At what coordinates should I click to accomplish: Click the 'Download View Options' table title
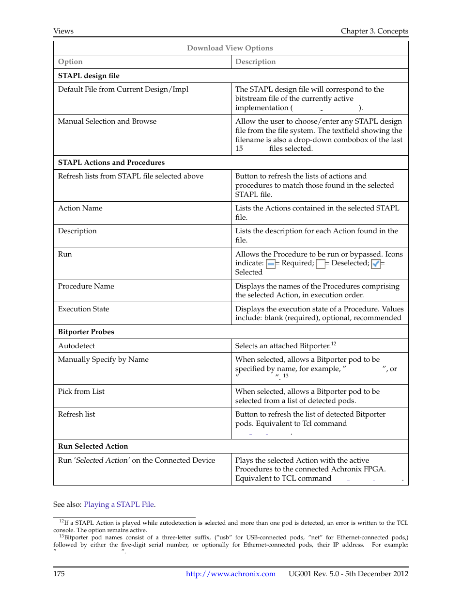pos(230,48)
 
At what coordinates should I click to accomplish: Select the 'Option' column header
pos(70,62)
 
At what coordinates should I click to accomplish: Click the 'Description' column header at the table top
pos(255,62)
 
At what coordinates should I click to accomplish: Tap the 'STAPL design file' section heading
pos(89,76)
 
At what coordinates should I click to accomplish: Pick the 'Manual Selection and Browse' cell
pos(107,121)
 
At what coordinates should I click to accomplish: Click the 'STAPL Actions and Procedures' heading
pos(111,162)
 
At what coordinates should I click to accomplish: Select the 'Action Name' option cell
pos(80,208)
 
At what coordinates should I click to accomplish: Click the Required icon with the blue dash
pos(271,264)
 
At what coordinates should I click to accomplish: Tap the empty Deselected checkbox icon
pos(320,264)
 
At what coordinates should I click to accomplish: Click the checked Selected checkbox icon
pos(375,264)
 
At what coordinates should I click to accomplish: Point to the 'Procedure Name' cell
pos(86,286)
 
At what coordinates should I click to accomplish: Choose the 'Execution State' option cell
pos(83,309)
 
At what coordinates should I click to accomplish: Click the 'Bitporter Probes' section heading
pos(86,332)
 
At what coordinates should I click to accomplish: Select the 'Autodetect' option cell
pos(77,346)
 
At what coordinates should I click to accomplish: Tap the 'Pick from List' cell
pos(81,391)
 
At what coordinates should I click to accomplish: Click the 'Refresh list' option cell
pos(77,414)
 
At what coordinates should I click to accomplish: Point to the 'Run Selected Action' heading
pos(93,446)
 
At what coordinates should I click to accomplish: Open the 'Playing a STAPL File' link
pos(119,504)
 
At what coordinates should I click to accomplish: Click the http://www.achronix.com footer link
pos(231,574)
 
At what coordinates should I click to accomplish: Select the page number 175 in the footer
pos(59,574)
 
